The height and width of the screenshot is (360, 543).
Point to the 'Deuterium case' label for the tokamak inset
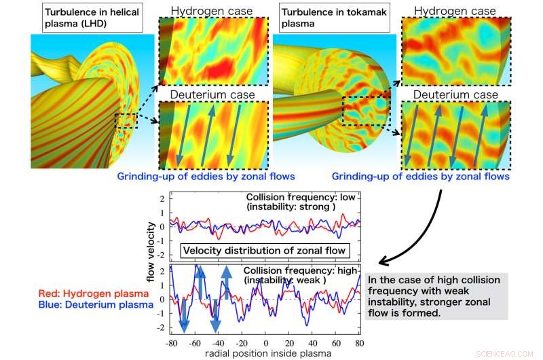[x=455, y=94]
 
